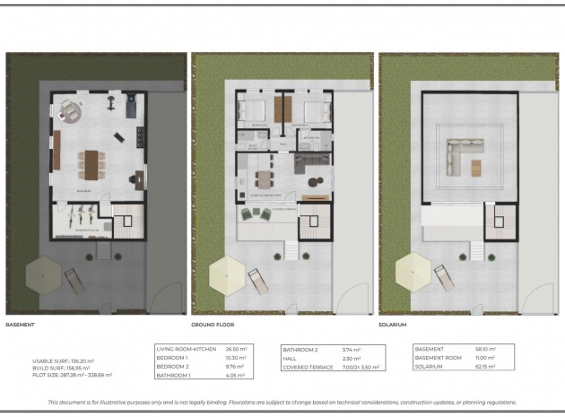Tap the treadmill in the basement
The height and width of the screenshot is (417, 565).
tap(112, 99)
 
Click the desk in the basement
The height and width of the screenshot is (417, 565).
tap(134, 178)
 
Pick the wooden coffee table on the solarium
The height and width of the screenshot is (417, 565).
tap(475, 167)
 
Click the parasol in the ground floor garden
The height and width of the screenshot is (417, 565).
tap(225, 274)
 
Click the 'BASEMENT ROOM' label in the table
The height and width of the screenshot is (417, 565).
tap(437, 359)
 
